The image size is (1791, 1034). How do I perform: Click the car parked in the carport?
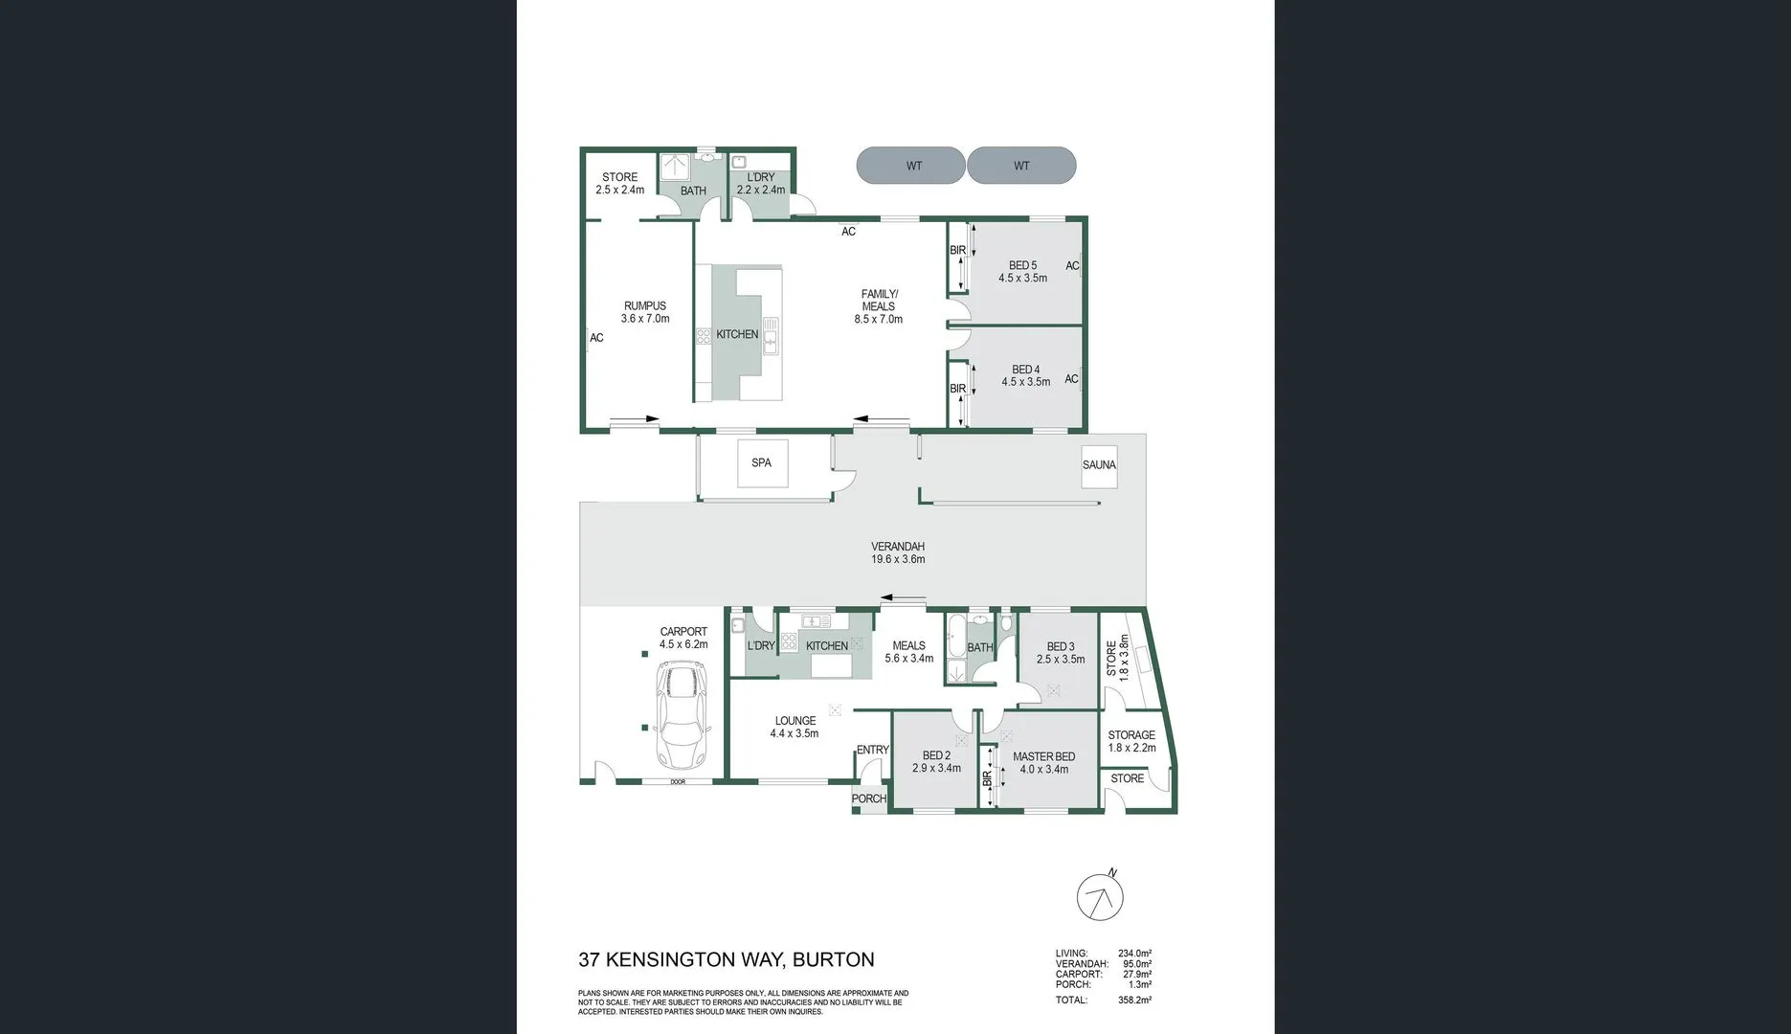coord(681,716)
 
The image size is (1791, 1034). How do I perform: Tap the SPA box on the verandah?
coord(762,463)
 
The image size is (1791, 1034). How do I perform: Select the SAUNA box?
coord(1099,465)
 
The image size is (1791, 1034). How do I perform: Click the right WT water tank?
coord(1021,166)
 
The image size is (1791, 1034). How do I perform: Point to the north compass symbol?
coord(1100,896)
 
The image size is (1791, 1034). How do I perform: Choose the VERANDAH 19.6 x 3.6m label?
coord(898,553)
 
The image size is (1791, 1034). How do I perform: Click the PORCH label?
coord(869,798)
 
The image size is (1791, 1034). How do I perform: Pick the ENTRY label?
coord(873,750)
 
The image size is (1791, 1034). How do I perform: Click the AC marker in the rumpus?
coord(596,338)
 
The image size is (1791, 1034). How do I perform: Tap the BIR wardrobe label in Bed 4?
coord(957,389)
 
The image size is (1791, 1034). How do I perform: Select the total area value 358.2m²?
coord(1134,1000)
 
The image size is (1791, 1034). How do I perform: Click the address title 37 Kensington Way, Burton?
coord(727,959)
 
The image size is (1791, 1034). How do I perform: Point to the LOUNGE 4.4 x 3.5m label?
coord(795,728)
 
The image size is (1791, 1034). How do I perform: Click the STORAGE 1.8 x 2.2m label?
coord(1131,741)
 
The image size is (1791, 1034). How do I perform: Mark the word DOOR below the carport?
coord(678,782)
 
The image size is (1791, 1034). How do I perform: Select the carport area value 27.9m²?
coord(1137,975)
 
